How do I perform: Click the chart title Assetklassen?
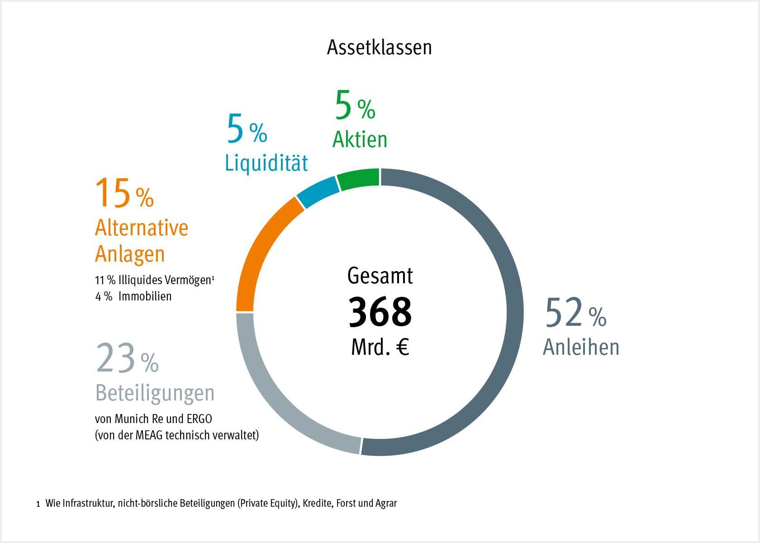[380, 48]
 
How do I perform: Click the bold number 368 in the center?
[380, 312]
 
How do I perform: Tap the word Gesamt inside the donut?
[380, 276]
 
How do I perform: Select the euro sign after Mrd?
[403, 348]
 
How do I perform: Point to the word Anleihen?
[581, 348]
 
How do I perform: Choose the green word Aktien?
[360, 139]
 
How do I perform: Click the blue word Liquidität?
[266, 163]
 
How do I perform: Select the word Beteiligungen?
[155, 393]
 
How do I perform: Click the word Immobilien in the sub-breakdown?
[145, 296]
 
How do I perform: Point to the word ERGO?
[199, 419]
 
